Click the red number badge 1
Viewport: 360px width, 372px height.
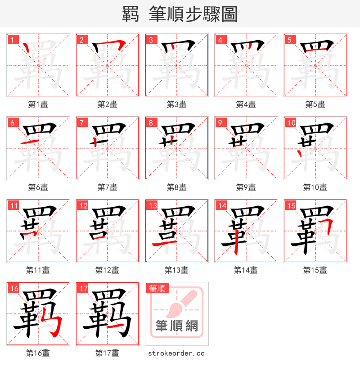pyautogui.click(x=12, y=39)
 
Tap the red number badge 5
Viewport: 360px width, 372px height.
pyautogui.click(x=289, y=39)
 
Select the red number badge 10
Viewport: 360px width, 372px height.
pyautogui.click(x=291, y=122)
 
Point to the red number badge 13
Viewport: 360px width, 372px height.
pyautogui.click(x=153, y=205)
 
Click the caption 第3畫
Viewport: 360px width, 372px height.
pyautogui.click(x=176, y=104)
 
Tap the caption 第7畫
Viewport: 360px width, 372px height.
pyautogui.click(x=107, y=187)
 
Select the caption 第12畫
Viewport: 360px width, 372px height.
pyautogui.click(x=107, y=270)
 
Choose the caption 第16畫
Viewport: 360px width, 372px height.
pyautogui.click(x=38, y=353)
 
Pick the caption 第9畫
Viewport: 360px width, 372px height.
pyautogui.click(x=246, y=187)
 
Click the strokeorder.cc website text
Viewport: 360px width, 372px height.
pyautogui.click(x=176, y=353)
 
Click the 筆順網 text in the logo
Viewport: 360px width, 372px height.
pyautogui.click(x=176, y=326)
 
